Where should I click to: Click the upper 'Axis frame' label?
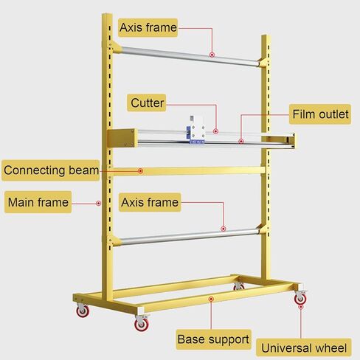(148, 27)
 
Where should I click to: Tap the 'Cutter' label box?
(147, 103)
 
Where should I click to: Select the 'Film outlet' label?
(320, 114)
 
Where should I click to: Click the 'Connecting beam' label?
(51, 170)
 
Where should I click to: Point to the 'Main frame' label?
(38, 202)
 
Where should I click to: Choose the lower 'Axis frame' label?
(150, 202)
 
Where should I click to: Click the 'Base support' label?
(213, 339)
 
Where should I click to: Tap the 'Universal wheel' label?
(304, 348)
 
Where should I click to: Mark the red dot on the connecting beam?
(140, 171)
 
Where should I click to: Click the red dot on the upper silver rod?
(212, 55)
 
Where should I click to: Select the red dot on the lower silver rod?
(223, 229)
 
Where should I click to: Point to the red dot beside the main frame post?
(98, 204)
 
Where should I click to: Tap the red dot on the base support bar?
(211, 299)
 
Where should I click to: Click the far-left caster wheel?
(83, 311)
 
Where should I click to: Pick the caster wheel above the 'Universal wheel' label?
(300, 297)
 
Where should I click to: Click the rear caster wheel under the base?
(238, 286)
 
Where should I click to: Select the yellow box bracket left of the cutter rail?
(122, 138)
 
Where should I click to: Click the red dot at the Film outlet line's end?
(241, 142)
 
